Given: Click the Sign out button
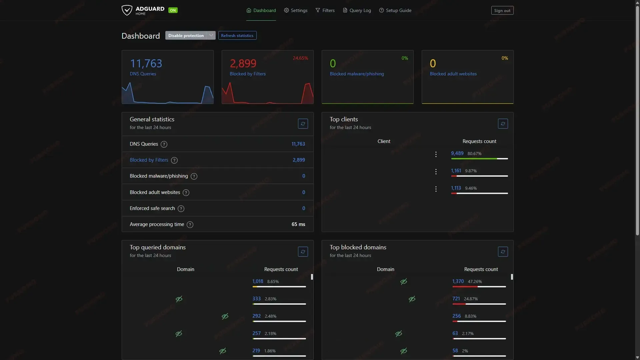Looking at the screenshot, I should click(x=502, y=10).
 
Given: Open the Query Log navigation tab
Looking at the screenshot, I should click(x=357, y=10).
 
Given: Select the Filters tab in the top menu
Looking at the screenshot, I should click(x=325, y=10).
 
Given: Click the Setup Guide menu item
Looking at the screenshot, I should click(x=395, y=10).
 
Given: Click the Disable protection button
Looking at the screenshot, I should click(x=186, y=36).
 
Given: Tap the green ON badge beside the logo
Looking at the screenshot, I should click(x=173, y=10).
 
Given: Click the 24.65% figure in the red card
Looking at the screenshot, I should click(x=300, y=58).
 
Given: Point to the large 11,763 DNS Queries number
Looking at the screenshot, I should click(x=146, y=63).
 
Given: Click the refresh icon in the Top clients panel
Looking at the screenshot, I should click(x=503, y=124).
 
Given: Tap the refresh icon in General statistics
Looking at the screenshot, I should click(x=303, y=124).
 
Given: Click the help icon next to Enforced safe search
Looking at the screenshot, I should click(x=181, y=209).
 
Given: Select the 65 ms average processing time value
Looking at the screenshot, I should click(x=298, y=224).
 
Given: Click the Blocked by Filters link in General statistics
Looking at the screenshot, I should click(x=149, y=160).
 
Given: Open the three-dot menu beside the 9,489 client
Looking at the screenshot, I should click(x=436, y=154).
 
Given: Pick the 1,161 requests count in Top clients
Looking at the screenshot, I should click(x=456, y=171).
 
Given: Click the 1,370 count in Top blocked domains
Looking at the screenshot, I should click(x=458, y=281).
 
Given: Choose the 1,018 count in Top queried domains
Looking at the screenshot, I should click(x=258, y=281).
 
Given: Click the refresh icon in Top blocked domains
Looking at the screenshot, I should click(x=503, y=252).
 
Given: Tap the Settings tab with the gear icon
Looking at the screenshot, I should click(x=296, y=10).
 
